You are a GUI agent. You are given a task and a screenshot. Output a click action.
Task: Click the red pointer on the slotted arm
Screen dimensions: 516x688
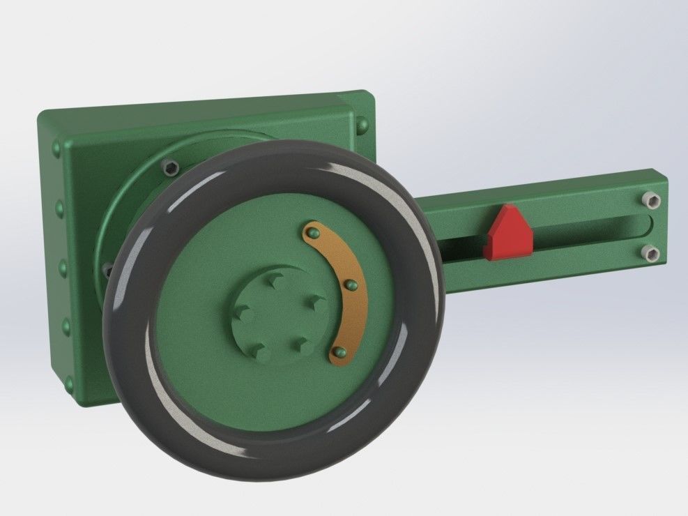coord(509,232)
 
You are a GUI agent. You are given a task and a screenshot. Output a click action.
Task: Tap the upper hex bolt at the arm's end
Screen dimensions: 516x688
coord(650,202)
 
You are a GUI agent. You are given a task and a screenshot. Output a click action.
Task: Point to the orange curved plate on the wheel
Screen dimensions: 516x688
coord(349,293)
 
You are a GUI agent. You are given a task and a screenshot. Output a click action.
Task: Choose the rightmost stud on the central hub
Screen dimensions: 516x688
coord(316,301)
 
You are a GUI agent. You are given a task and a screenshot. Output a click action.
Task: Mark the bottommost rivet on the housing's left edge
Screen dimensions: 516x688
coord(68,382)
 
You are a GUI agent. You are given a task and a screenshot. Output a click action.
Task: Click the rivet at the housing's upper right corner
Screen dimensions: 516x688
coord(362,126)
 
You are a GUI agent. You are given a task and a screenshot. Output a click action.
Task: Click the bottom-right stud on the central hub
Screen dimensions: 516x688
coord(300,343)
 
